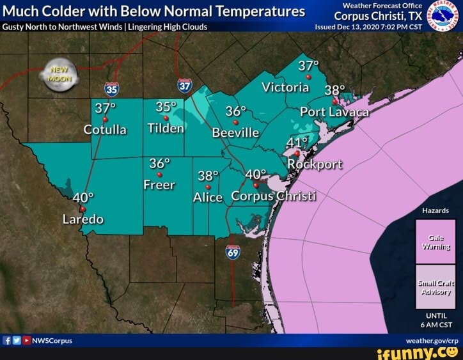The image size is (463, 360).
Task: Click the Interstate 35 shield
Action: (x=111, y=89)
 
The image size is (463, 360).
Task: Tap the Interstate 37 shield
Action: (x=185, y=85)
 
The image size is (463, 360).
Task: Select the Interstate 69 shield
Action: (x=233, y=253)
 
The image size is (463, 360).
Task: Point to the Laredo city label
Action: (x=82, y=219)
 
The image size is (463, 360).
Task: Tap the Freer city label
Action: (x=159, y=185)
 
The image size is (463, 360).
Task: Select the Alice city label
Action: (x=208, y=198)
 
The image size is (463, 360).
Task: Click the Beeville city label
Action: (x=235, y=133)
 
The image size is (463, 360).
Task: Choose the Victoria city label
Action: (x=285, y=88)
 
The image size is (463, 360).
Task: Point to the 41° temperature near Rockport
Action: (x=296, y=142)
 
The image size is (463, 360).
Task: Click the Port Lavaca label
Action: (x=334, y=113)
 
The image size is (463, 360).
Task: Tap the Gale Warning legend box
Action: (x=435, y=242)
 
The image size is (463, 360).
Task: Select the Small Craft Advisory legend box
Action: (x=435, y=287)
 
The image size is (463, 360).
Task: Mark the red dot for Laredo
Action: (x=82, y=208)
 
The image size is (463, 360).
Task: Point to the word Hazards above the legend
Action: (x=435, y=210)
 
